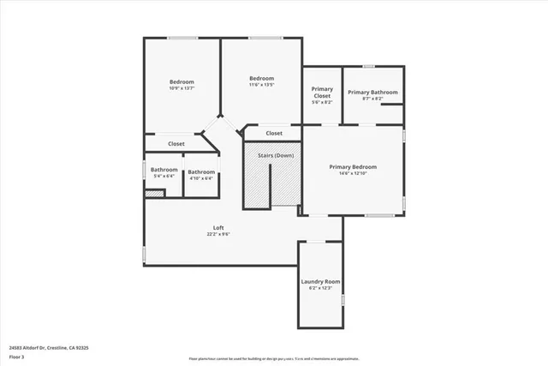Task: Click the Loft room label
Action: coord(218,228)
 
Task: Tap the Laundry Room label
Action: coord(320,281)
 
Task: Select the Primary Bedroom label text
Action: coord(353,166)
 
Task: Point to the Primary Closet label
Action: coord(322,93)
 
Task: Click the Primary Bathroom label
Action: coord(372,92)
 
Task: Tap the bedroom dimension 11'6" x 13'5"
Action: coord(261,85)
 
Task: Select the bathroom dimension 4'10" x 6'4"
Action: coord(201,178)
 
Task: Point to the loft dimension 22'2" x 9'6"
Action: coord(218,234)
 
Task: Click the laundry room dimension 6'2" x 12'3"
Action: coord(320,288)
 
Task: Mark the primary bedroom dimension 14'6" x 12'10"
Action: coord(353,173)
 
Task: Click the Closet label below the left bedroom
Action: coord(176,144)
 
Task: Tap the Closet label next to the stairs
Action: coord(274,133)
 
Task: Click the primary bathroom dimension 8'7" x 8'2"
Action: coord(372,99)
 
